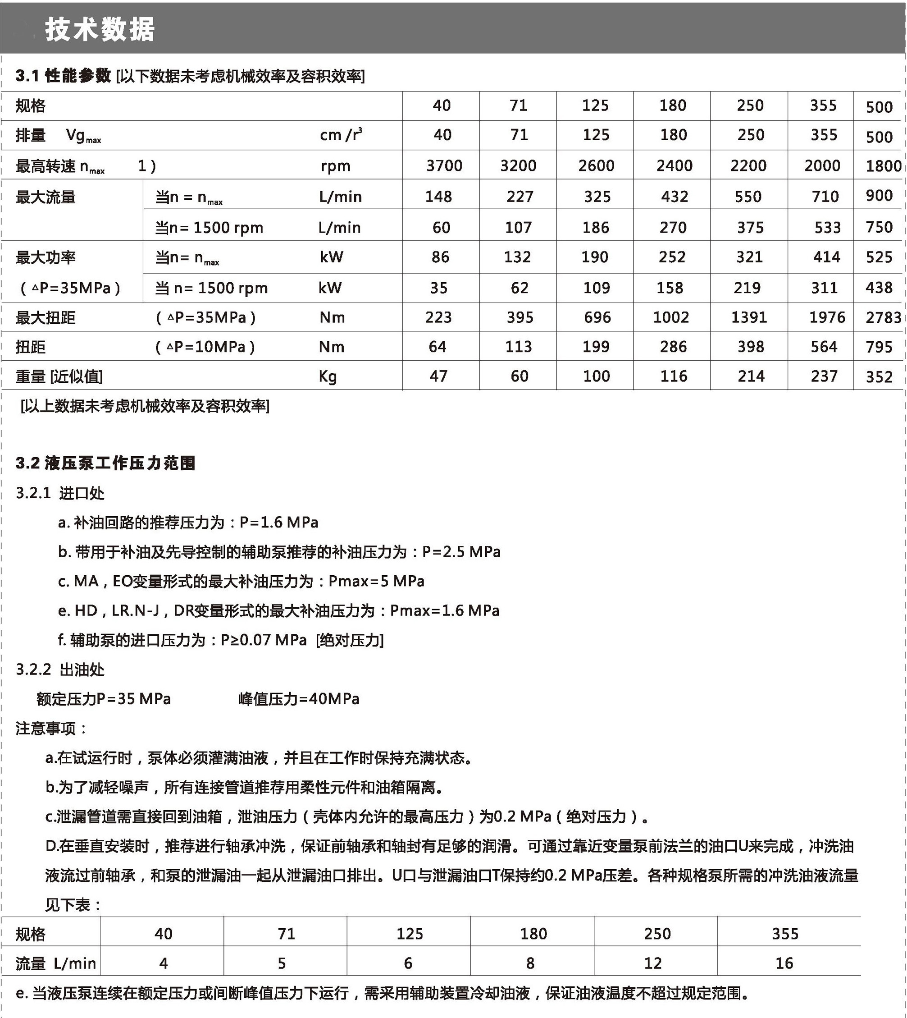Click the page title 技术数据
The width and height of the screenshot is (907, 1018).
100,29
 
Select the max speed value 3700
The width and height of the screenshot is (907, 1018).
443,165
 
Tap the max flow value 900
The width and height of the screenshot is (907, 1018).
879,195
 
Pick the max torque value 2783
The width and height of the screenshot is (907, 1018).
883,317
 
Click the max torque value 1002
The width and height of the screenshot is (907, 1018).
671,317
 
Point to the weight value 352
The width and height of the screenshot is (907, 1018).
879,376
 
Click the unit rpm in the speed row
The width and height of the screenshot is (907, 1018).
335,165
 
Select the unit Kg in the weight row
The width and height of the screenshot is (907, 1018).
328,376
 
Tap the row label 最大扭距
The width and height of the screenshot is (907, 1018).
46,317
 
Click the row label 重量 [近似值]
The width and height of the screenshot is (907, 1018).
59,376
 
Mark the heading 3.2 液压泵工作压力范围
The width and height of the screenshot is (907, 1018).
105,463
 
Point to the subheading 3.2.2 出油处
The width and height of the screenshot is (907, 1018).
60,669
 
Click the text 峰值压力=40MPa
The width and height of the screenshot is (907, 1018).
299,698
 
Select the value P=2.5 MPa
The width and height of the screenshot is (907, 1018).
461,551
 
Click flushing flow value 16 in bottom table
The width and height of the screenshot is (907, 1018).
784,963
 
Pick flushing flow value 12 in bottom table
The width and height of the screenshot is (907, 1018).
652,963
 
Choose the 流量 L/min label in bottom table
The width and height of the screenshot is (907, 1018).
55,963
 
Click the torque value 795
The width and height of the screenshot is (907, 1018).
879,347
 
